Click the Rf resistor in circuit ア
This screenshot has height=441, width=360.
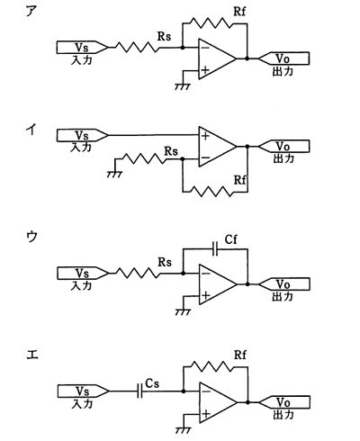211,23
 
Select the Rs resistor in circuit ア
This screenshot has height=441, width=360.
137,48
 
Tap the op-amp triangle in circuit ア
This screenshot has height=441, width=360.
217,58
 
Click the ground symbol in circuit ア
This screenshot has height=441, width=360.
183,86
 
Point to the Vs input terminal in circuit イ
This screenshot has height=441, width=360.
82,135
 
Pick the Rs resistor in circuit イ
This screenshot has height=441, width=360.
144,158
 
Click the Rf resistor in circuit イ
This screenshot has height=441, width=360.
211,192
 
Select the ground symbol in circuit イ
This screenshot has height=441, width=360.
114,175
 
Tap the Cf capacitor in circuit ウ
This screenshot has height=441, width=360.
215,249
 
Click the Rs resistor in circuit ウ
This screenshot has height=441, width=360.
138,274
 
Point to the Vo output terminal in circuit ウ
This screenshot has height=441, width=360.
284,284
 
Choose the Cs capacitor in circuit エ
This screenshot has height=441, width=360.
139,391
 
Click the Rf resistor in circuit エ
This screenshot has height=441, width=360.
211,366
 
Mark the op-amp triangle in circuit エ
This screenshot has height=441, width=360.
218,402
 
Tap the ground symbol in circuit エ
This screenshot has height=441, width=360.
183,430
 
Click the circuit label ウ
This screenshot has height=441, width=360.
31,237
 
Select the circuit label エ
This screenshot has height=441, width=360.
32,355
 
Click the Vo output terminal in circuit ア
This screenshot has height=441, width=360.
283,58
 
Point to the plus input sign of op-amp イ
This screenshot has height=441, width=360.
205,136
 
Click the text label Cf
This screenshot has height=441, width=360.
231,239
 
